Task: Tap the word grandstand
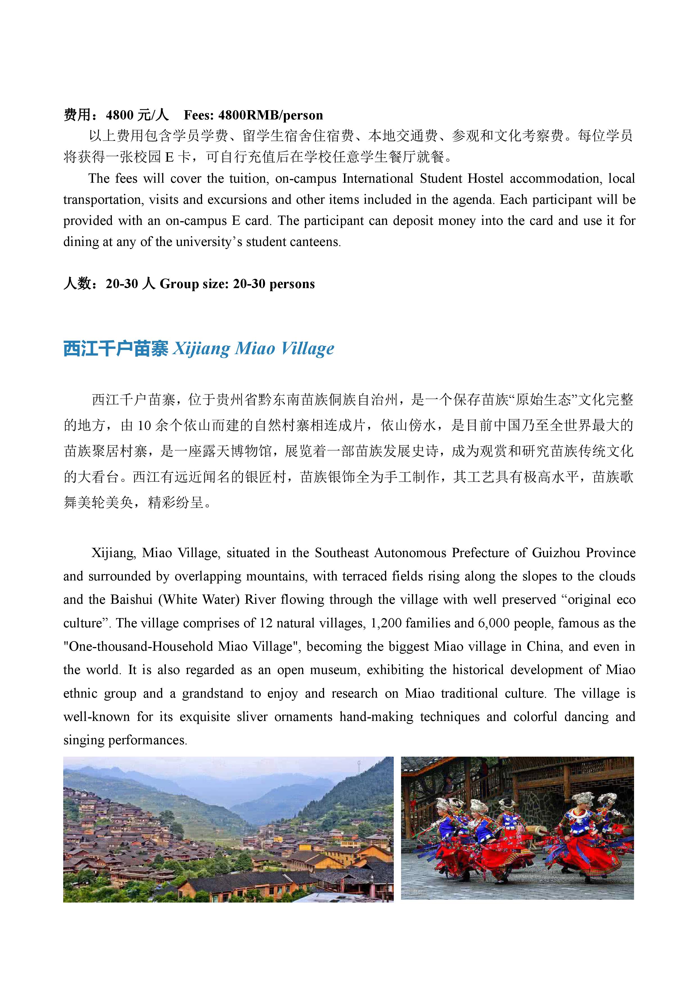tap(212, 694)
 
